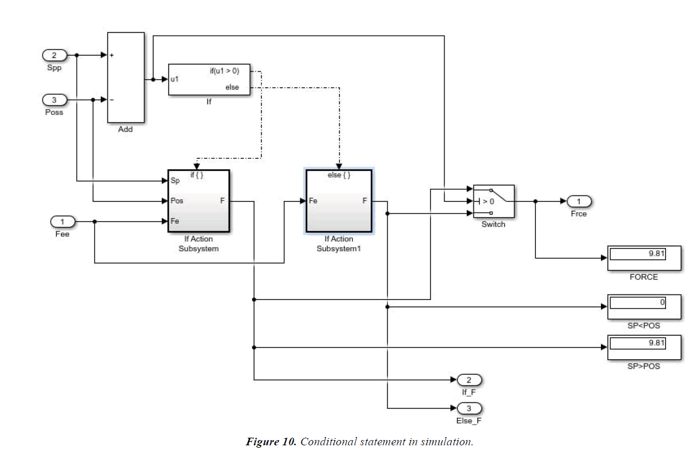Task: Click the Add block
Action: pyautogui.click(x=125, y=77)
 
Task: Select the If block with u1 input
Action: pyautogui.click(x=209, y=79)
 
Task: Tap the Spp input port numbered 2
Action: pyautogui.click(x=54, y=56)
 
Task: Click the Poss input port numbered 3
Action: pyautogui.click(x=54, y=100)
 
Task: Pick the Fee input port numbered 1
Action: pyautogui.click(x=64, y=221)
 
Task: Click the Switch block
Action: pyautogui.click(x=493, y=201)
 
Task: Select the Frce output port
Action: pyautogui.click(x=579, y=202)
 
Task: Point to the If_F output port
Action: pyautogui.click(x=468, y=380)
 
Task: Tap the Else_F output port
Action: pyautogui.click(x=468, y=408)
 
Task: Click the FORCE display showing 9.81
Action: pyautogui.click(x=644, y=258)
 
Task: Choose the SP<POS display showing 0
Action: pyautogui.click(x=644, y=306)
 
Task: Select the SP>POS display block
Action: pyautogui.click(x=644, y=347)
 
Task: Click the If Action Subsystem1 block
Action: pyautogui.click(x=339, y=201)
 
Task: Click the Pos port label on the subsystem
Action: pyautogui.click(x=177, y=201)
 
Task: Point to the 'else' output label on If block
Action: pyautogui.click(x=232, y=88)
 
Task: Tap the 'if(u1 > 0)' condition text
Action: pyautogui.click(x=224, y=71)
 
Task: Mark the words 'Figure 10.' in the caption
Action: pyautogui.click(x=271, y=442)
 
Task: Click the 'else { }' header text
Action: pyautogui.click(x=339, y=175)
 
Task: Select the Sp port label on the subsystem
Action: pyautogui.click(x=175, y=181)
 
